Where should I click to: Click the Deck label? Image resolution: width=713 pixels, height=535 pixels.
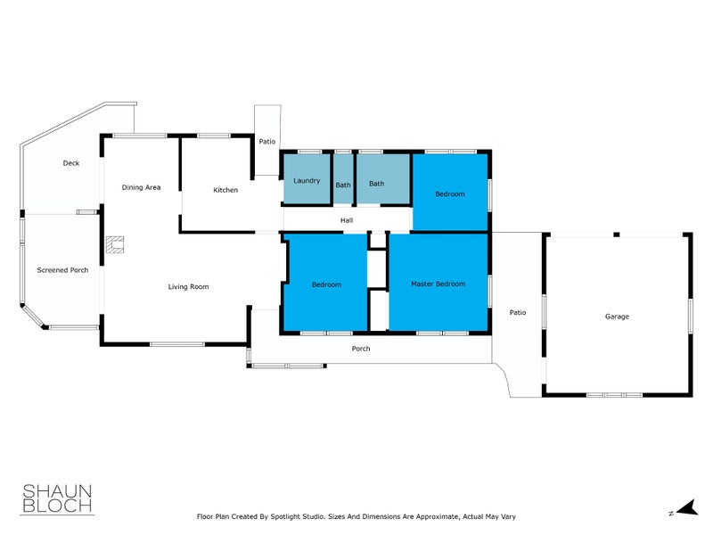tap(71, 163)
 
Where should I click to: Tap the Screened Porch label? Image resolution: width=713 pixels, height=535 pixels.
tap(62, 270)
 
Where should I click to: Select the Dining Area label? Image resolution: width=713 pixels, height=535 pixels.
tap(141, 187)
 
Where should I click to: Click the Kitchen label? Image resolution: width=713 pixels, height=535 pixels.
tap(225, 190)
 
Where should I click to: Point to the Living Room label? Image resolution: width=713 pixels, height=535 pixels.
tap(188, 286)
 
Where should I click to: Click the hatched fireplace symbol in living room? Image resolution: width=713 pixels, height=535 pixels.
tap(114, 245)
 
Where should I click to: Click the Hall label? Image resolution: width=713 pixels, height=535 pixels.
tap(347, 220)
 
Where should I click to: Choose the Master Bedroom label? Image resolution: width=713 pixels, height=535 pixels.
tap(438, 284)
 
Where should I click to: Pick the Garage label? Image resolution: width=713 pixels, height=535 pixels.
tap(617, 317)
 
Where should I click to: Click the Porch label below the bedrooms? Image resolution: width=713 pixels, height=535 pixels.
tap(361, 349)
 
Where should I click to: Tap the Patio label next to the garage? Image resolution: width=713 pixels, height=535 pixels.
tap(518, 313)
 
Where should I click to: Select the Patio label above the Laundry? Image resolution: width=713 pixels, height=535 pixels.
tap(266, 142)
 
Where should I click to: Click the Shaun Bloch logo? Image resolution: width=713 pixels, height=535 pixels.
tap(56, 498)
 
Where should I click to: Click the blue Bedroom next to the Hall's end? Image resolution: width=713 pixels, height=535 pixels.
tap(450, 193)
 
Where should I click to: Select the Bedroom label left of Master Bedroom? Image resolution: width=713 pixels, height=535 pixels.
tap(326, 284)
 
